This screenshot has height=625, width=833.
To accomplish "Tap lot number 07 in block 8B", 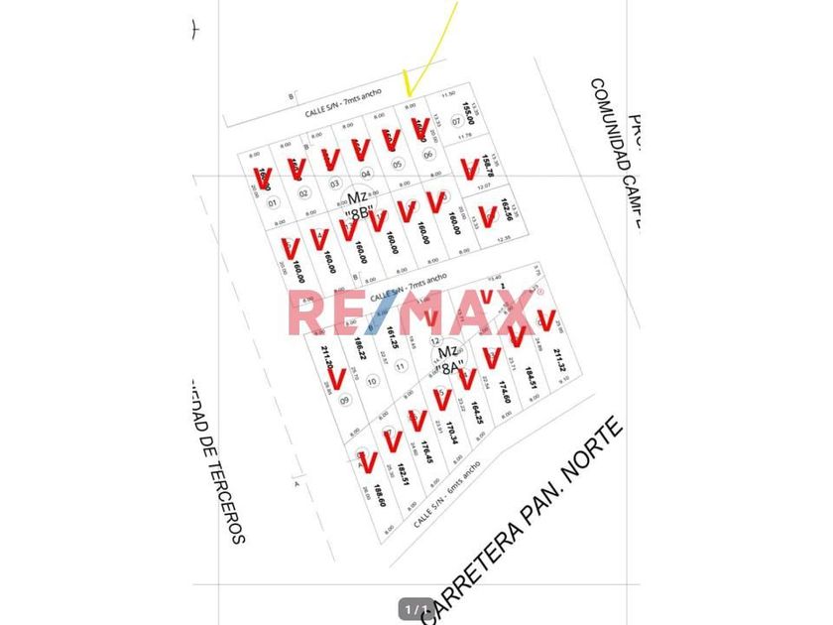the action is pos(457,122).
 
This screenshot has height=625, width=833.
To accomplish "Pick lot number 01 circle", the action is pos(273,203).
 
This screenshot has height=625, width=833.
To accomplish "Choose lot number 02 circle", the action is pos(303,192).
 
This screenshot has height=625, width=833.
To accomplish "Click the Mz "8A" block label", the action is pos(449,359).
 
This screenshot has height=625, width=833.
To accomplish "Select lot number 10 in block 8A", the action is pos(372,381).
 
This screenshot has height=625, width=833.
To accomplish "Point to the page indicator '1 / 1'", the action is pos(416,608).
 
